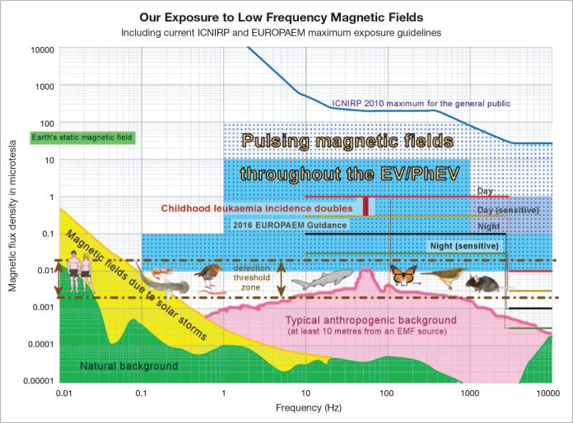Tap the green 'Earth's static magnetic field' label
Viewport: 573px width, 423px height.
coord(81,137)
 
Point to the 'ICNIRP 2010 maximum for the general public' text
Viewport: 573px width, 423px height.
coord(421,104)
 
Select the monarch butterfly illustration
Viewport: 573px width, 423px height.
coord(404,276)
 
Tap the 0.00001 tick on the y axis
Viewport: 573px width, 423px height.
coord(38,381)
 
